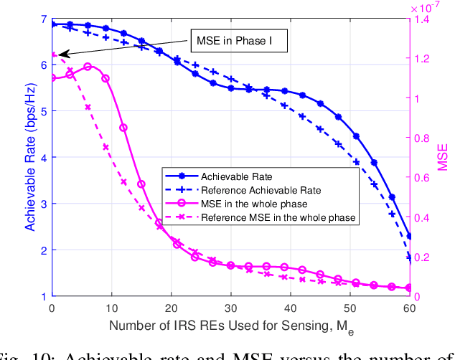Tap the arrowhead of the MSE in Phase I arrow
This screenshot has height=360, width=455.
click(x=60, y=54)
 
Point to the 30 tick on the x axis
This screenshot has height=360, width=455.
click(x=230, y=308)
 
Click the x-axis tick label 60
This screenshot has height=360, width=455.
click(x=409, y=308)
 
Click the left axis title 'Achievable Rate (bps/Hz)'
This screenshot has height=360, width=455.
click(x=30, y=158)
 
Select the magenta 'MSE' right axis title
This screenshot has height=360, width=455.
click(x=443, y=158)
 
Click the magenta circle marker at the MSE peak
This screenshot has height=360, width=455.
click(x=88, y=67)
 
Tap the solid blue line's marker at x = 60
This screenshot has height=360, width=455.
click(x=409, y=236)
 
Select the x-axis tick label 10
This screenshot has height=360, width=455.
click(x=111, y=308)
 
